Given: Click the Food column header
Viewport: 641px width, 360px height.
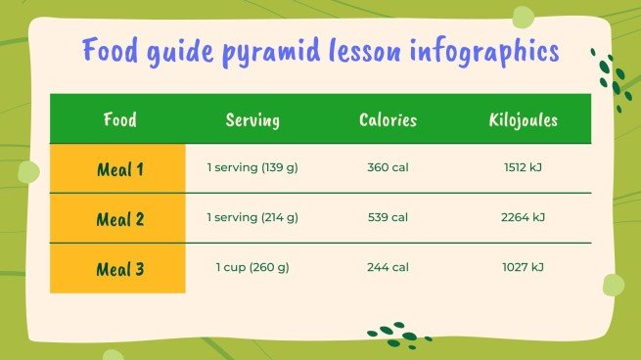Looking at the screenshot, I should pos(119,120).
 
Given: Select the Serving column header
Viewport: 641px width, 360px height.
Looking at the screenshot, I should pos(252,120).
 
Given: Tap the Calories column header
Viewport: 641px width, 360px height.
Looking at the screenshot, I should pos(388,120).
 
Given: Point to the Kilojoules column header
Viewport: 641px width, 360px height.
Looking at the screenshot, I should pos(524,120).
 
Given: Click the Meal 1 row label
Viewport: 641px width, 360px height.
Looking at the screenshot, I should pos(120,169).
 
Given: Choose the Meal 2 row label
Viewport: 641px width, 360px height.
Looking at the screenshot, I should pos(120,219).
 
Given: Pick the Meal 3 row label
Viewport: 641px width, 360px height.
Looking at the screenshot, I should pos(120,269).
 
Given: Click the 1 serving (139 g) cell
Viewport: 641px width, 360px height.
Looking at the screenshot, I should pos(252,168).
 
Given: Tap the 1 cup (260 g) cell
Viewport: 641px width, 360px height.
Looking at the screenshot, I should pos(252,267).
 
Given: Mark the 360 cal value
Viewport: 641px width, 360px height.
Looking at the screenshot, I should pos(388,168).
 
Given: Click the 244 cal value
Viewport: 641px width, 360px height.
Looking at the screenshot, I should pos(388,267).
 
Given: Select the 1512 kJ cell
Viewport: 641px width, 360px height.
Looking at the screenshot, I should pos(524,168).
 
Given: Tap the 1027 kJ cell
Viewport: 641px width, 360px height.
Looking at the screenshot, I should pos(524,267).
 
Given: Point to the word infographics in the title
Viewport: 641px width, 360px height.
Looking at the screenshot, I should pos(481,52).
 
